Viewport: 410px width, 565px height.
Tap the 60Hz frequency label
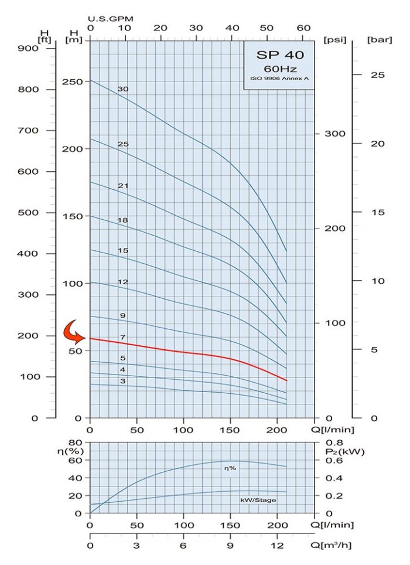278,69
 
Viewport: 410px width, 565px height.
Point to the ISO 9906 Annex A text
279,79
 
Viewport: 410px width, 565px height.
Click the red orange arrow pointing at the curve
75,332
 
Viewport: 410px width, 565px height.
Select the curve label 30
122,89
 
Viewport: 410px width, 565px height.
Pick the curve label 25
122,144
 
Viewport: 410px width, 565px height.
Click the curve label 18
122,220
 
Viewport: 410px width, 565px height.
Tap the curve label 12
122,282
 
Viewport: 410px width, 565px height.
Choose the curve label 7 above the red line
122,338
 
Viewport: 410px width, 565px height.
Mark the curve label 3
122,381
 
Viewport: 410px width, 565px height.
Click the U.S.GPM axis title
111,18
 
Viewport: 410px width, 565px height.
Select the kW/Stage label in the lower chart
258,500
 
